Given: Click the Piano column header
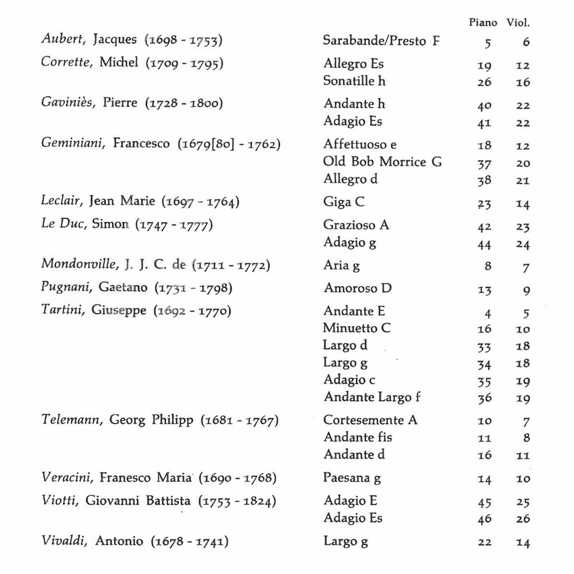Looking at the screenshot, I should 483,23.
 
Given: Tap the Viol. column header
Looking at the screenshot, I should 518,23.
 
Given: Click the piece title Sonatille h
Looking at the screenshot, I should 354,81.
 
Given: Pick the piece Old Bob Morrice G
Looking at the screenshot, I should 382,162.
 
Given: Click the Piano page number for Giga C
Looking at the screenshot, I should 484,204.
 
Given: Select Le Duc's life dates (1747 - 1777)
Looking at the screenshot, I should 174,225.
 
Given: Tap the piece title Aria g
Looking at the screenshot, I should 341,265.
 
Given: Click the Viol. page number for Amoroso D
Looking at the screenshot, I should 526,290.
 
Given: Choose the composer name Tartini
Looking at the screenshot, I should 62,310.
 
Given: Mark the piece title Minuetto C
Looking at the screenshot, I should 357,328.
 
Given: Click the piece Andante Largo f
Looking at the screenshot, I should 372,397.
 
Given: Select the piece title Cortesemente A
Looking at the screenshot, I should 370,420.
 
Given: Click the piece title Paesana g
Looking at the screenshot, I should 352,478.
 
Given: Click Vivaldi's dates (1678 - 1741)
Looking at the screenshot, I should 190,541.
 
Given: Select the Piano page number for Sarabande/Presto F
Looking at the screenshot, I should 487,43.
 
